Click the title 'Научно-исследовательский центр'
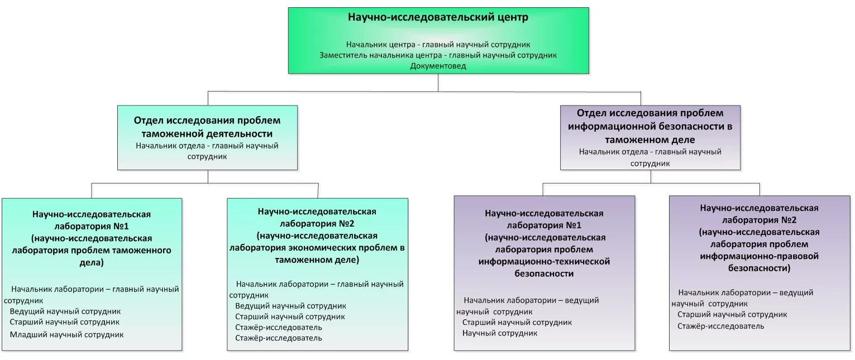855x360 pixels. pyautogui.click(x=438, y=18)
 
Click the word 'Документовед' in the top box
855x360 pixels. pyautogui.click(x=438, y=66)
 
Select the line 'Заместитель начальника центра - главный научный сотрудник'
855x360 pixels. pyautogui.click(x=438, y=55)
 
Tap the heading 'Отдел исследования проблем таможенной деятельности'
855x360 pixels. pyautogui.click(x=207, y=127)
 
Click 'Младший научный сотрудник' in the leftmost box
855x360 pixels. pyautogui.click(x=66, y=335)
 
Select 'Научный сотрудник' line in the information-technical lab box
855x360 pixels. pyautogui.click(x=500, y=333)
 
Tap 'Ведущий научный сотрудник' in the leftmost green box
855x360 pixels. pyautogui.click(x=65, y=311)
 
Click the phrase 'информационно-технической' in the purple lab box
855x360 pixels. pyautogui.click(x=544, y=261)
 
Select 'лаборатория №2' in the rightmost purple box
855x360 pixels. pyautogui.click(x=759, y=219)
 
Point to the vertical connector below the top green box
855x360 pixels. pyautogui.click(x=438, y=82)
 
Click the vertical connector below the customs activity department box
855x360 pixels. pyautogui.click(x=208, y=176)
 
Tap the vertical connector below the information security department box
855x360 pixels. pyautogui.click(x=650, y=176)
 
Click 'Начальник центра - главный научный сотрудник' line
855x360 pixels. pyautogui.click(x=438, y=44)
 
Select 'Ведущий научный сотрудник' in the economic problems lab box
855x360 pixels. pyautogui.click(x=290, y=306)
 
